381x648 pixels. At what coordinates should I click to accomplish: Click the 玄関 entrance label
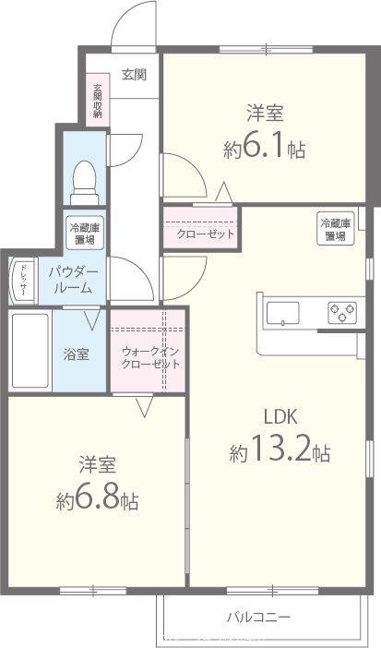pyautogui.click(x=134, y=76)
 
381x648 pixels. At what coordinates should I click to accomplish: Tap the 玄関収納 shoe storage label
pyautogui.click(x=97, y=102)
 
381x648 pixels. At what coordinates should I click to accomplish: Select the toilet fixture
pyautogui.click(x=85, y=178)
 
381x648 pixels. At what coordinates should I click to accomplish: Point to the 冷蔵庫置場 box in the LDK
pyautogui.click(x=335, y=229)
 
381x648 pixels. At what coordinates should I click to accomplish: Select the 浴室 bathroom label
pyautogui.click(x=77, y=354)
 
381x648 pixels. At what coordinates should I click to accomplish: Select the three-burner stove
pyautogui.click(x=340, y=314)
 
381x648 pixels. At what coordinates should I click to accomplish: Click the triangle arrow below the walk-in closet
pyautogui.click(x=144, y=406)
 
